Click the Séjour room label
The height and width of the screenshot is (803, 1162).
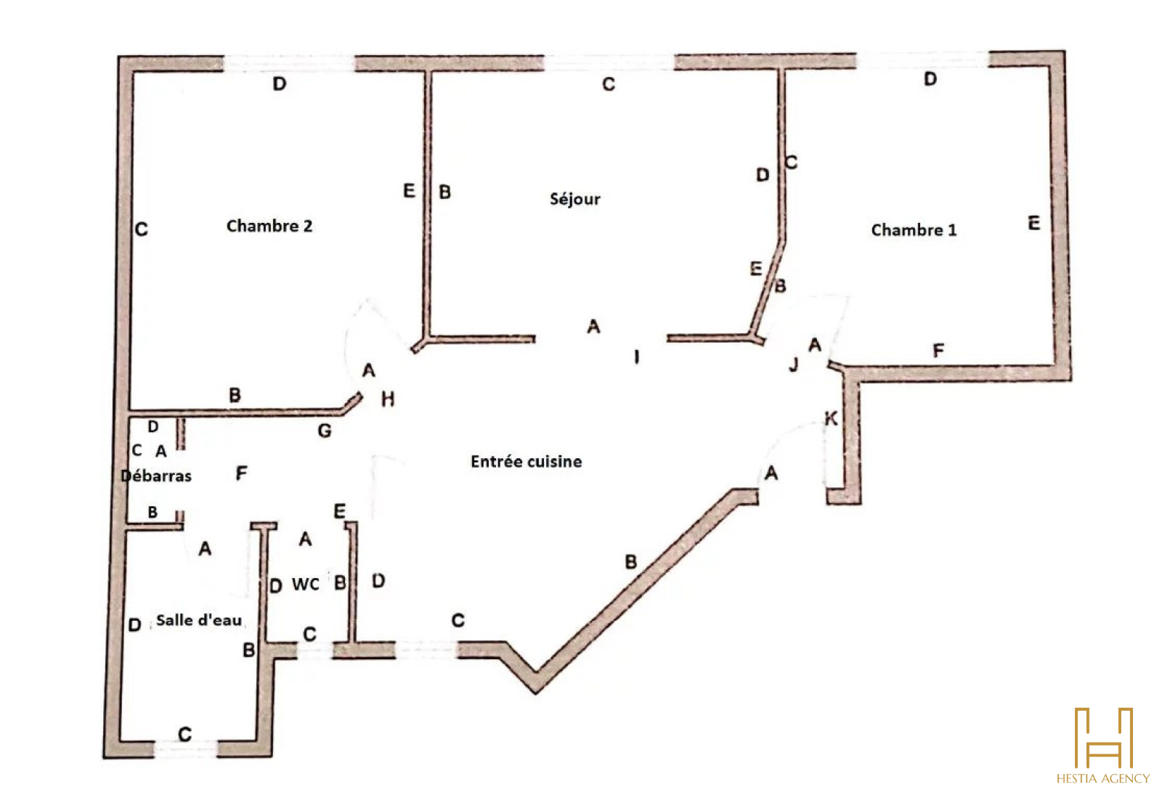point(574,199)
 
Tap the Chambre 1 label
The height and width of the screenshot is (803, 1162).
point(914,230)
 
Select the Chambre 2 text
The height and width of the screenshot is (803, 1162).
point(269,226)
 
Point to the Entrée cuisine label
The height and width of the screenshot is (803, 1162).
point(526,462)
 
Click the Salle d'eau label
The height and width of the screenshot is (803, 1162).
point(198,620)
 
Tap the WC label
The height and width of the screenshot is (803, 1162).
point(306,584)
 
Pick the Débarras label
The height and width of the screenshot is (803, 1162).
point(156,476)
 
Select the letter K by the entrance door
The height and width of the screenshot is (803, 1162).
point(831,418)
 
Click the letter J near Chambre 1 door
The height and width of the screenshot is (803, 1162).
point(794,364)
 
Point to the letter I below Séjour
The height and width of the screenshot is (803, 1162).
point(637,356)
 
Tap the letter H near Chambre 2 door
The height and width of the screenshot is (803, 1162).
point(388,399)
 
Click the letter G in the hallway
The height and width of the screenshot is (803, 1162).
point(325,431)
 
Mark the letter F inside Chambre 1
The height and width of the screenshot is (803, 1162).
point(938,351)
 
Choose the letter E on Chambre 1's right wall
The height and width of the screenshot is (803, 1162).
point(1033,224)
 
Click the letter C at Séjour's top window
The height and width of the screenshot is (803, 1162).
point(609,85)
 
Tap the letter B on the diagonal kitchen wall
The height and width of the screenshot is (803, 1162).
point(631,561)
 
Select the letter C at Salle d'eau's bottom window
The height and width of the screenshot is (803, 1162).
point(185,735)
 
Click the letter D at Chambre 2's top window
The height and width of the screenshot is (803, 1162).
point(280,84)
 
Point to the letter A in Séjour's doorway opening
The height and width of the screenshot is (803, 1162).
point(593,327)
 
